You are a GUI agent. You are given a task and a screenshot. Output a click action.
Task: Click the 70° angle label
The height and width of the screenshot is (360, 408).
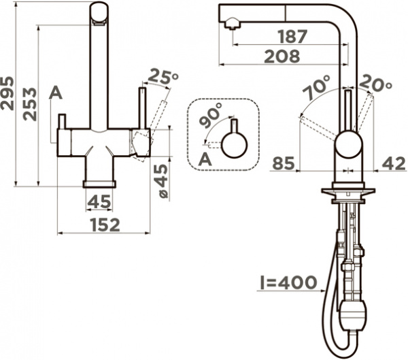(x=318, y=87)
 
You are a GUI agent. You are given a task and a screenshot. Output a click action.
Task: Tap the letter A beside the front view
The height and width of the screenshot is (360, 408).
(x=56, y=93)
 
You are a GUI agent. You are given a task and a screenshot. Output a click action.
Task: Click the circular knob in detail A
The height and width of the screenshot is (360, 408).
(x=234, y=144)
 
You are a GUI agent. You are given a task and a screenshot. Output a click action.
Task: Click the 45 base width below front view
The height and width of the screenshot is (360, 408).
(x=100, y=201)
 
